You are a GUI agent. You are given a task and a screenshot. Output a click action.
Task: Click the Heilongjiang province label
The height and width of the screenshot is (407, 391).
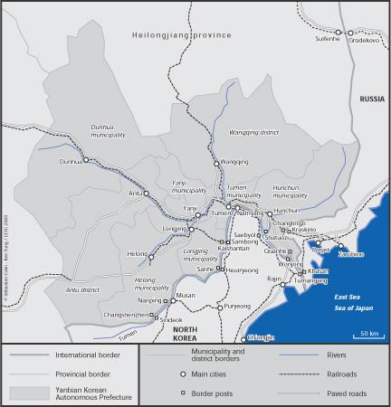(x=182, y=34)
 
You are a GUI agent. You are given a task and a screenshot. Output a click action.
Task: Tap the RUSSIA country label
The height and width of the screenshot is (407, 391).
(x=371, y=98)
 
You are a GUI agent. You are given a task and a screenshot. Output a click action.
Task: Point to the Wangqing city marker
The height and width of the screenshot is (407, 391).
(x=215, y=163)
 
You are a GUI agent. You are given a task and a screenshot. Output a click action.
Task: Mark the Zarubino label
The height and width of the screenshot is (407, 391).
(x=351, y=254)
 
